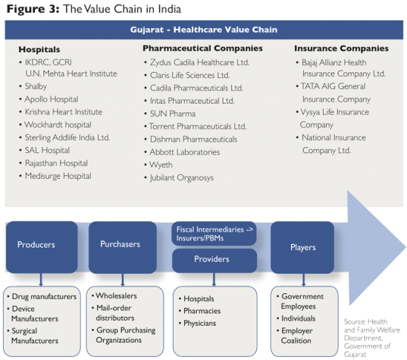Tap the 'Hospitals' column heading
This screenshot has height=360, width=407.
(x=40, y=49)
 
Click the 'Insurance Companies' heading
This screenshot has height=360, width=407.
(x=341, y=49)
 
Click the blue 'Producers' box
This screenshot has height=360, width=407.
(x=40, y=245)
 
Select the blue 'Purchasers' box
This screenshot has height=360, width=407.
(x=121, y=244)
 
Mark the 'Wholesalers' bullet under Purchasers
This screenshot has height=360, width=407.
(x=119, y=296)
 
